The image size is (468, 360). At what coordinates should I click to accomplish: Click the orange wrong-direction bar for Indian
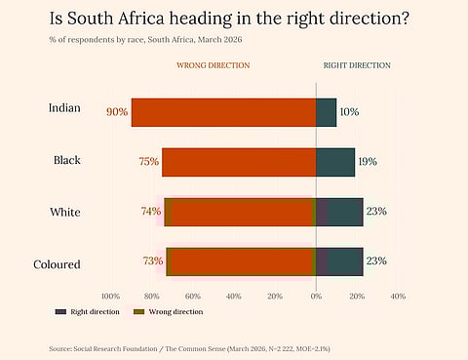point(223,112)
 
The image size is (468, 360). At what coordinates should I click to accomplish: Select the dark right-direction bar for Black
point(335,162)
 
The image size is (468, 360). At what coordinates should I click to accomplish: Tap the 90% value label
point(117,112)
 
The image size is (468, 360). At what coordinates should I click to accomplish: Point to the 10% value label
point(349,112)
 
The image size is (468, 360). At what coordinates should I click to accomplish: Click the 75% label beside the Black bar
point(148,162)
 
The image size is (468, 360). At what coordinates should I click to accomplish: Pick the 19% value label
point(368,162)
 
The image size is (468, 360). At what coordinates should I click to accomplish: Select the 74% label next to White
point(150,211)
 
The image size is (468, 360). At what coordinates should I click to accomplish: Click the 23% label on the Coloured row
point(376,260)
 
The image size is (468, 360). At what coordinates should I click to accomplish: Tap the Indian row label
point(65,107)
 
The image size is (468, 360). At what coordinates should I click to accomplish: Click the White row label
point(65,212)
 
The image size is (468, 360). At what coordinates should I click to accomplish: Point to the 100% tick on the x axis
point(110,296)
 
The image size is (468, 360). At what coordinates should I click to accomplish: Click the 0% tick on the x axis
point(316,296)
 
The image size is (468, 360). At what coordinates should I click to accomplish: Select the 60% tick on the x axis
point(192,296)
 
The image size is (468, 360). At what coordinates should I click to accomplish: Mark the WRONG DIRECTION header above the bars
point(213,65)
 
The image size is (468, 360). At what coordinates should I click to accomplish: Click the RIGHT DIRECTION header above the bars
point(357,65)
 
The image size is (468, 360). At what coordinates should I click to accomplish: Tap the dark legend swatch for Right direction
point(60,311)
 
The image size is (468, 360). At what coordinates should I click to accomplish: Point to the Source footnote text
point(196,347)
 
